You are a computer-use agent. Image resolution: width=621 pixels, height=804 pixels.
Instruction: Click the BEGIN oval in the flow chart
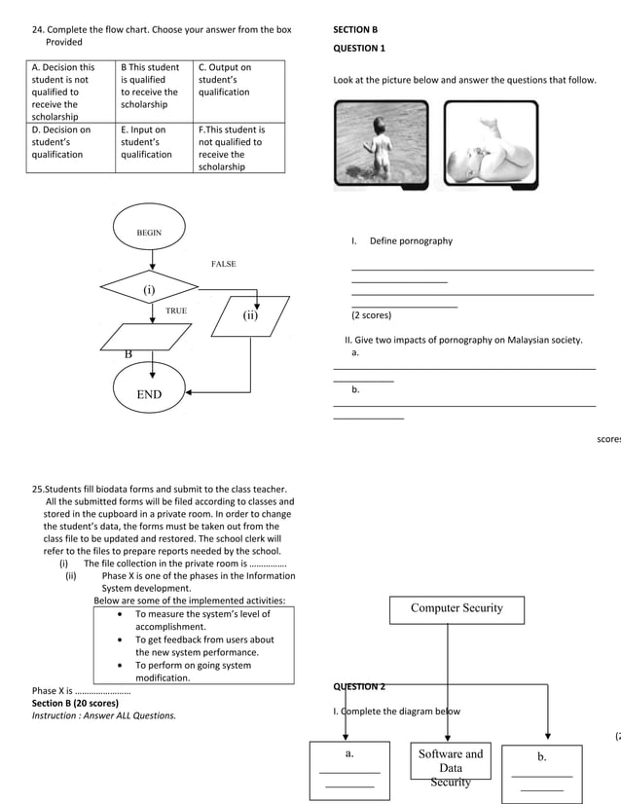click(x=149, y=234)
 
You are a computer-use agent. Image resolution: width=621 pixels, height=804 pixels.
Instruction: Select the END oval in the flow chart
click(x=149, y=394)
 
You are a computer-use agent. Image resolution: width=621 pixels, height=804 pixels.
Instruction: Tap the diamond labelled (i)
click(x=149, y=289)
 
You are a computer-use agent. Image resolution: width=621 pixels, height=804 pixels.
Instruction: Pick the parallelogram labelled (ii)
click(x=250, y=315)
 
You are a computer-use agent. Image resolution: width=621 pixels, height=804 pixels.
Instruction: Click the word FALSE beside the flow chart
click(x=223, y=264)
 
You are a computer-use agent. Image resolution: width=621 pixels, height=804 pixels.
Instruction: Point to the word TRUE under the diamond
click(x=176, y=311)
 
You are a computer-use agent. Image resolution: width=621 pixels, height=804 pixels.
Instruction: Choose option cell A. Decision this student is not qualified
click(x=70, y=91)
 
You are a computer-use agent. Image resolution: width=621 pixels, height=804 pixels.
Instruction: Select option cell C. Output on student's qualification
click(x=239, y=80)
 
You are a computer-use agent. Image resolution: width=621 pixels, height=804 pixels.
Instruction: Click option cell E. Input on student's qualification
click(x=154, y=142)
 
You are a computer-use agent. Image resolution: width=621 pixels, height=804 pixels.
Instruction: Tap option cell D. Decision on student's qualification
click(x=70, y=142)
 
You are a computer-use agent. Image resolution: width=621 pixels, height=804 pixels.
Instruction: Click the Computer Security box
click(x=457, y=609)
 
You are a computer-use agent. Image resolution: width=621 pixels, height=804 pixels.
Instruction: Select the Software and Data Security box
click(x=451, y=768)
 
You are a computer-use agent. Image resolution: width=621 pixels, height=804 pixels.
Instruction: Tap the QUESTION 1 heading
click(x=359, y=48)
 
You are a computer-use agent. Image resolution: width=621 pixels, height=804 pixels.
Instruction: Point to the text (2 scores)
click(x=371, y=315)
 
